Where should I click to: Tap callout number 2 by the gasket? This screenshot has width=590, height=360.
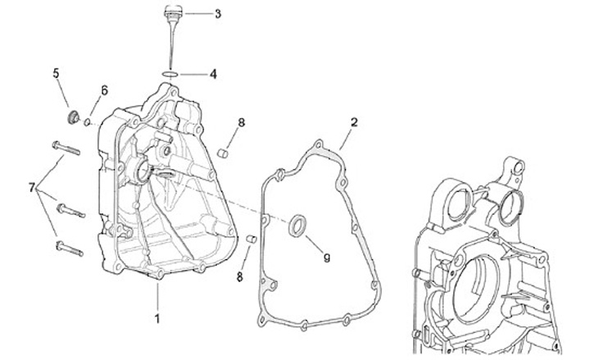[354, 123]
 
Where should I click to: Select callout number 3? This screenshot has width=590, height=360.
[217, 14]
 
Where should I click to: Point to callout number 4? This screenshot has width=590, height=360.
[213, 74]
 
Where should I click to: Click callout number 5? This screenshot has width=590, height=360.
[57, 74]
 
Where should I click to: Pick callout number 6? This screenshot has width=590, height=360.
[104, 89]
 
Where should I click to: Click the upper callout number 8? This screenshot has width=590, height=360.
[241, 123]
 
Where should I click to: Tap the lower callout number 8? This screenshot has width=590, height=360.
[240, 277]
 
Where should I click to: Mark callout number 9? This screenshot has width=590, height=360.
[326, 257]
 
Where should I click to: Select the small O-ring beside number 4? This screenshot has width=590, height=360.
[170, 75]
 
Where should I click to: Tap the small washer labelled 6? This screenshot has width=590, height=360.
[88, 123]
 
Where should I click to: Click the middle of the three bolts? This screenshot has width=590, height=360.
[70, 210]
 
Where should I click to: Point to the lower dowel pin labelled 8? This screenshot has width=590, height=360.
[253, 239]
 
